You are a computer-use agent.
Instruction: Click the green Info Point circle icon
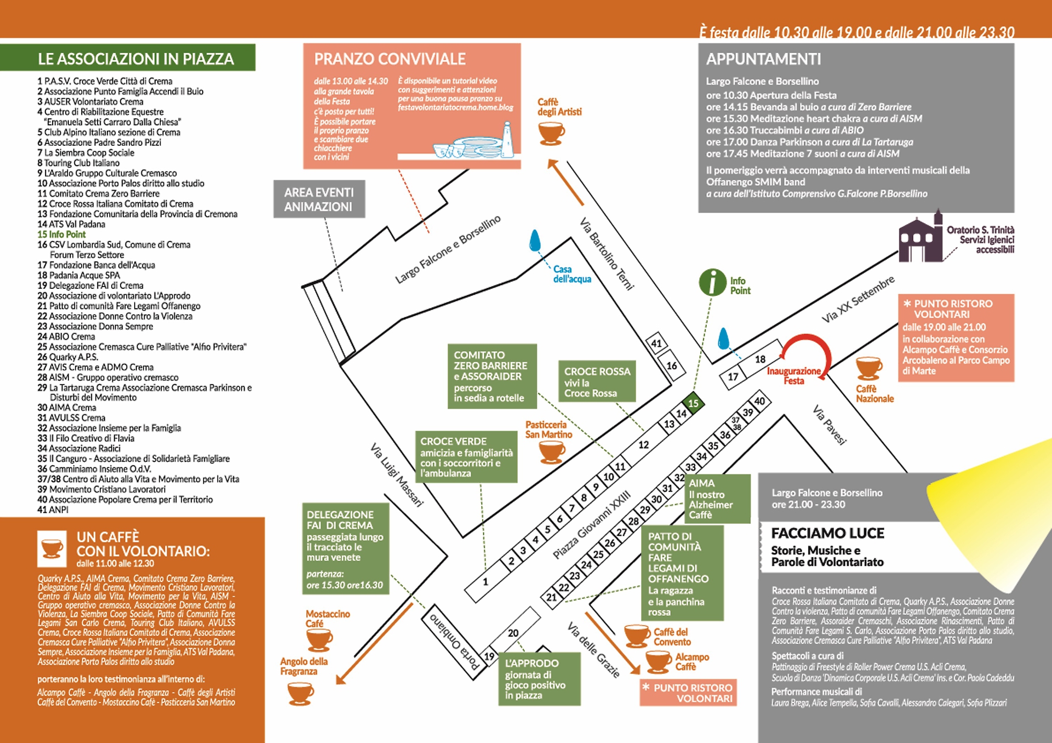point(712,283)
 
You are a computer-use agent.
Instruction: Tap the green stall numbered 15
point(693,403)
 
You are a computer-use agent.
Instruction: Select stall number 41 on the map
point(656,344)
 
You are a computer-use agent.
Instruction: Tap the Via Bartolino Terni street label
point(607,254)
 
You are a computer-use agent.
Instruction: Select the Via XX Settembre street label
point(857,299)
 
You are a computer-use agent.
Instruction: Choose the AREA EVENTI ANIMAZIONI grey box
point(319,199)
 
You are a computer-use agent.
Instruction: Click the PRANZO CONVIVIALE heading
point(390,59)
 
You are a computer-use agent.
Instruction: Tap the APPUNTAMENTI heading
point(763,59)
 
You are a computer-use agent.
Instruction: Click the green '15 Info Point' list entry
point(61,235)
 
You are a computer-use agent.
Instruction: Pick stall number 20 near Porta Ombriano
point(513,633)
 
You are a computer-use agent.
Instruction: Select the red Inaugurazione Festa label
point(793,376)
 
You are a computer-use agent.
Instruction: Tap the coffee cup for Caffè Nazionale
point(869,368)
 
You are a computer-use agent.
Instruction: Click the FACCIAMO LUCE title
point(827,533)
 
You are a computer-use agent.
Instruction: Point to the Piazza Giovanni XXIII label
point(591,525)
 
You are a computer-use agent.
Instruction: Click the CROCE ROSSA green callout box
point(597,381)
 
